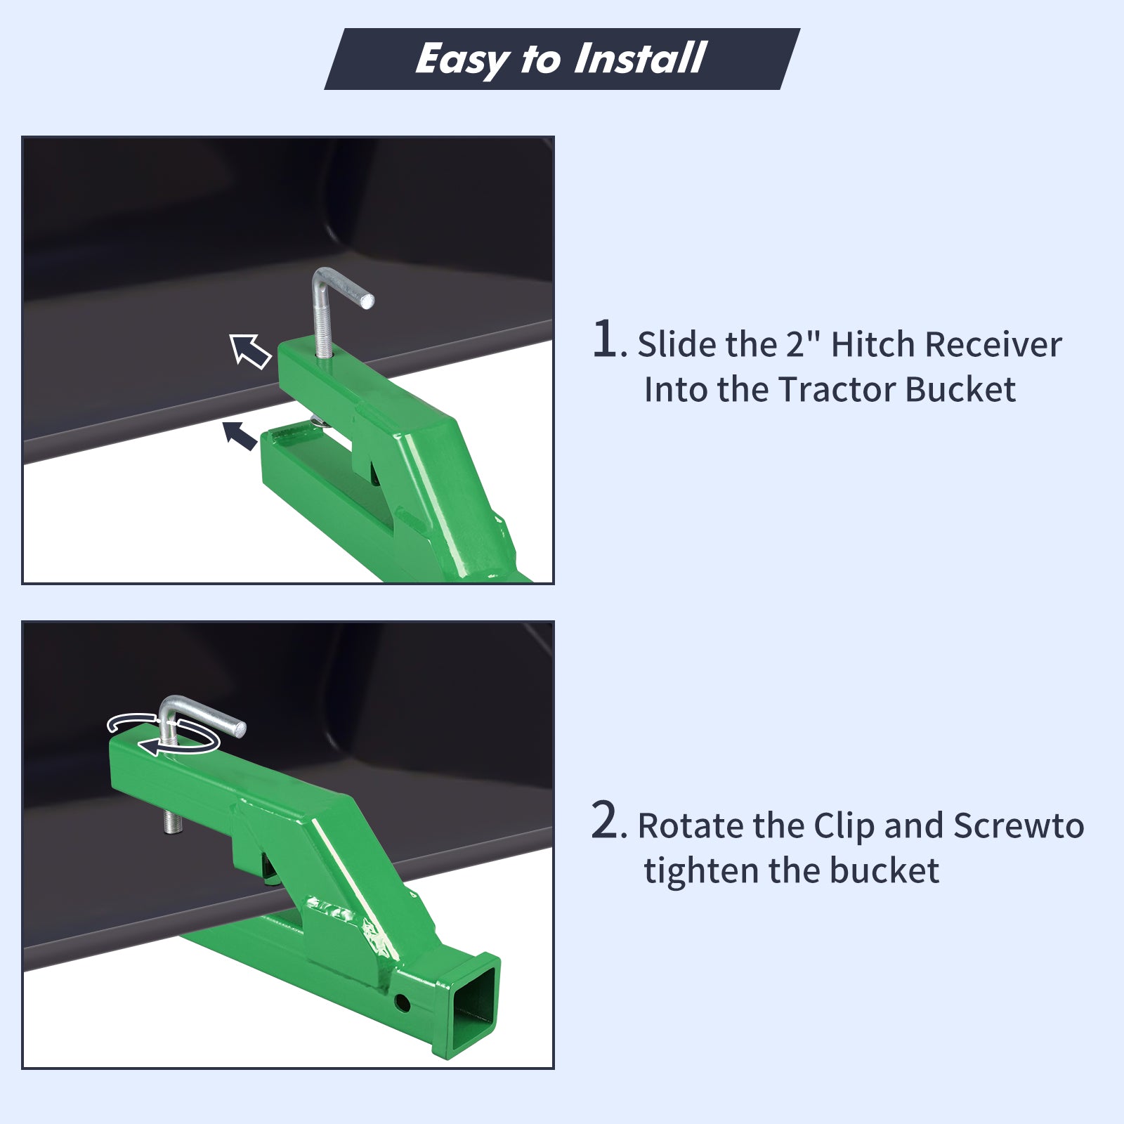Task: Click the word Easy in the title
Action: pos(461,59)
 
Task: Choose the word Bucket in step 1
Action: pos(960,389)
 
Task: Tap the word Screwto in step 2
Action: pos(1019,825)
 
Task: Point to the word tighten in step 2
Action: pos(700,871)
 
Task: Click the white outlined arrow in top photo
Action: pos(250,351)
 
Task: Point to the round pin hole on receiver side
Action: pos(403,1002)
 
